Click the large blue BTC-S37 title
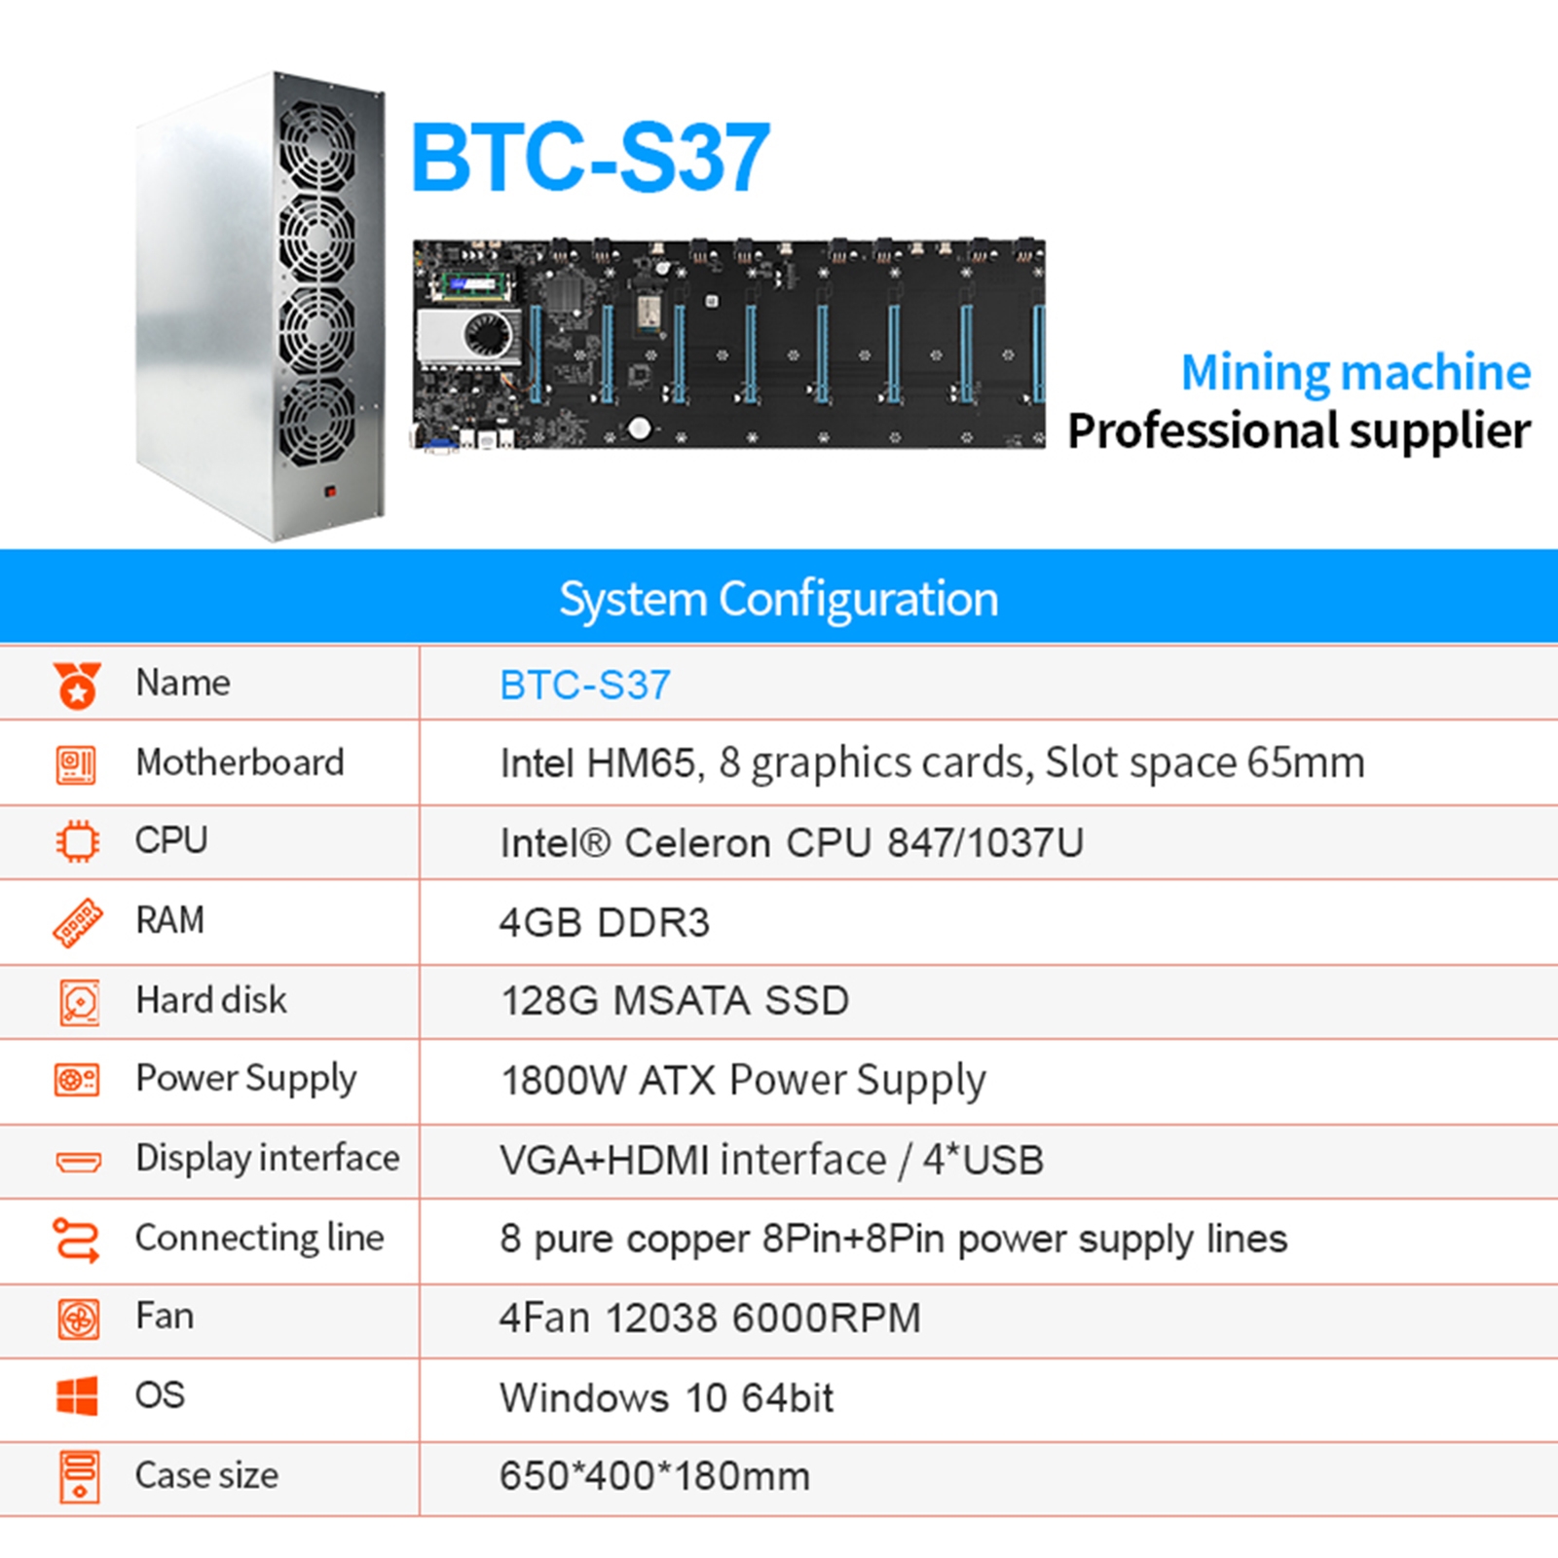point(590,157)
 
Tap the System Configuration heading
point(779,599)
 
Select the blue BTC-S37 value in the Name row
point(585,686)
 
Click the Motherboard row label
point(240,762)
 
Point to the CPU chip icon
point(77,841)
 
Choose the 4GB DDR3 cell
point(605,922)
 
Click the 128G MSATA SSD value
point(675,1001)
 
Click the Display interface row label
point(268,1159)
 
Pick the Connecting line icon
point(77,1240)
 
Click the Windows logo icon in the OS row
point(77,1396)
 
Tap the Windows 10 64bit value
point(667,1398)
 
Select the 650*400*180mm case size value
point(654,1476)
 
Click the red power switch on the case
point(330,493)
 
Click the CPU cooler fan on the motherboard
point(488,336)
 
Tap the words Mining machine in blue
point(1355,372)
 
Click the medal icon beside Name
point(77,685)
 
